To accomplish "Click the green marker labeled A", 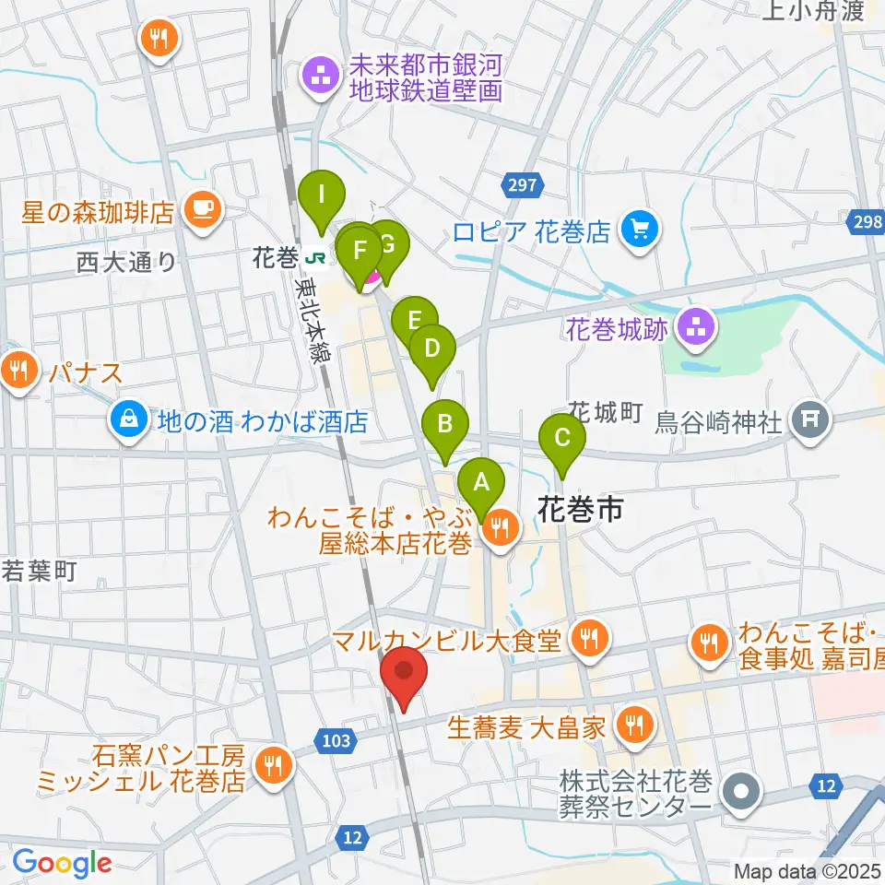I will pyautogui.click(x=479, y=481).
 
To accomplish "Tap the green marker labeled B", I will pyautogui.click(x=445, y=424).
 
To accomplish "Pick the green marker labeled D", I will pyautogui.click(x=431, y=349).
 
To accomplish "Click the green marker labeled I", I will pyautogui.click(x=322, y=195).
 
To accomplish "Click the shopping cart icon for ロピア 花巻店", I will pyautogui.click(x=638, y=229).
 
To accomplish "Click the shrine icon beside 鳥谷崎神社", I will pyautogui.click(x=809, y=420).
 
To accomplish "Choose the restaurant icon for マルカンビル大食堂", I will pyautogui.click(x=587, y=637).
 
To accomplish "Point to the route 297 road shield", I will pyautogui.click(x=521, y=187).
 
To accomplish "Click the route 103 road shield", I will pyautogui.click(x=337, y=737).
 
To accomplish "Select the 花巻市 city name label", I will pyautogui.click(x=580, y=508).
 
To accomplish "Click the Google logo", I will pyautogui.click(x=63, y=862).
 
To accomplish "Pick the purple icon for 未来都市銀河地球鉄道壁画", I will pyautogui.click(x=322, y=77).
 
